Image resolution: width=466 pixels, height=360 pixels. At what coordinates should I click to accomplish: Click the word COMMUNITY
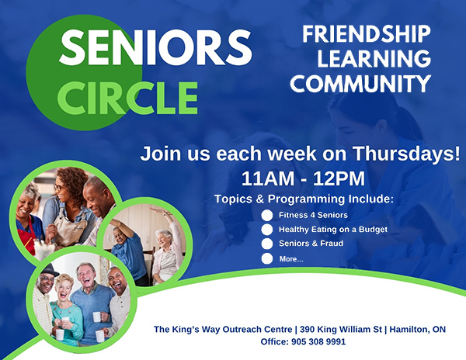coord(365,83)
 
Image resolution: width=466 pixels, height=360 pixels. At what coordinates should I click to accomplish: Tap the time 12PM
coord(339,178)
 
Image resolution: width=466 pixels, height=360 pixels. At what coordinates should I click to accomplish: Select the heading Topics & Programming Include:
coord(304,199)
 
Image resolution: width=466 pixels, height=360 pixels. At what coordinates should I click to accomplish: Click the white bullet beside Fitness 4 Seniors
coord(267,215)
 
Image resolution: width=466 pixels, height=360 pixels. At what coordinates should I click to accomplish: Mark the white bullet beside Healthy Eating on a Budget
coord(267,230)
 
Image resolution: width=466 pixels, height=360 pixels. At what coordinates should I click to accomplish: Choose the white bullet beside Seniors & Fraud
coord(267,244)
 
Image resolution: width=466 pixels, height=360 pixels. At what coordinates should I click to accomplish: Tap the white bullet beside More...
coord(267,258)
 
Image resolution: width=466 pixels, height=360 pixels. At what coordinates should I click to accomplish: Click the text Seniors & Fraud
coord(311,244)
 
